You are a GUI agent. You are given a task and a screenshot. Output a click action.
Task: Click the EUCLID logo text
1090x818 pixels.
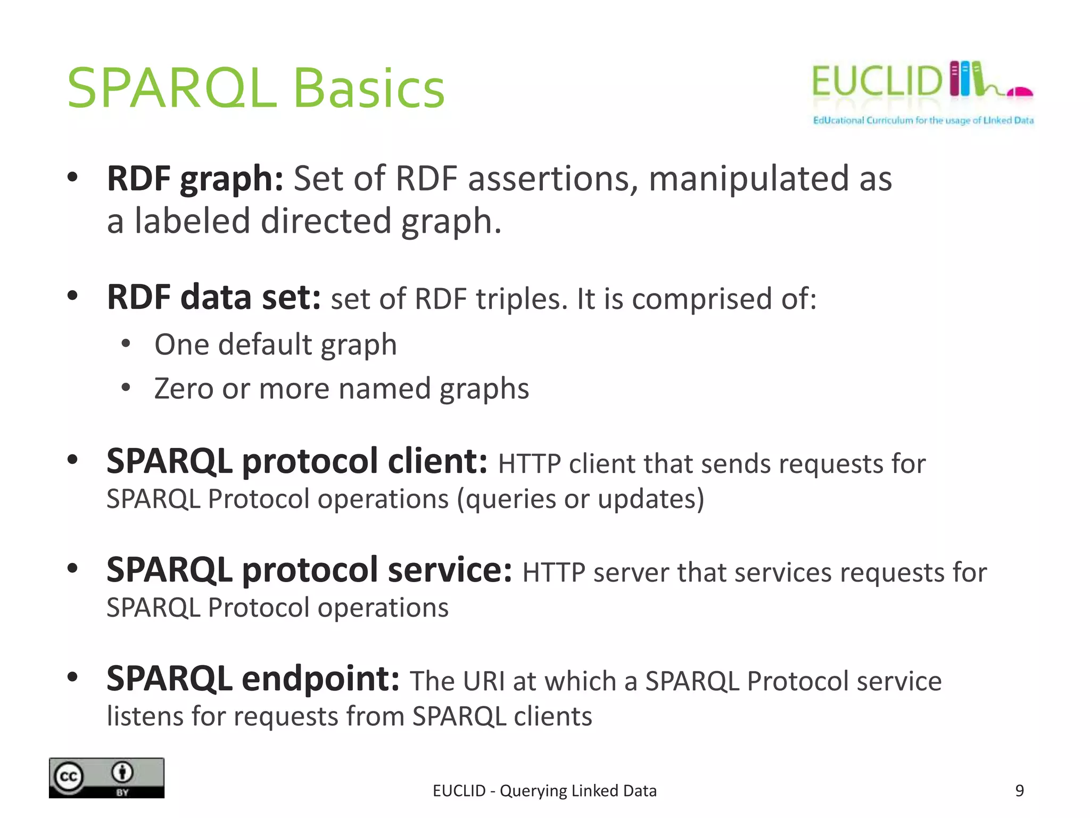click(x=877, y=81)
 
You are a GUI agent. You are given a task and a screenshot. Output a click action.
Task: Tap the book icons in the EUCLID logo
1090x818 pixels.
click(x=965, y=79)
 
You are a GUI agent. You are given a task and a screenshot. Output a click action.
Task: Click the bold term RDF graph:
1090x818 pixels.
click(x=195, y=179)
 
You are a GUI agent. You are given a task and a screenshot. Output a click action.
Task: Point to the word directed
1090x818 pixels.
click(x=326, y=222)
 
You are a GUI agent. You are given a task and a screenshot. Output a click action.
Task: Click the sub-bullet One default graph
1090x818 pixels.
click(x=275, y=345)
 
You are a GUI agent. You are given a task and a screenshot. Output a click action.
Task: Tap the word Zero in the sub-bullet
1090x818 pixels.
click(x=183, y=388)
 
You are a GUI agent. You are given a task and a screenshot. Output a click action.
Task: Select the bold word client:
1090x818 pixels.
click(x=437, y=461)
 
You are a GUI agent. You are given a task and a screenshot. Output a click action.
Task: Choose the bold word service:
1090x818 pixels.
click(x=450, y=570)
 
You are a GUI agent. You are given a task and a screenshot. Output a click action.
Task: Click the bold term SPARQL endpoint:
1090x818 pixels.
click(x=253, y=679)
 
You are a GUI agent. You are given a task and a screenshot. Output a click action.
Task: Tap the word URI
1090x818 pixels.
click(x=483, y=682)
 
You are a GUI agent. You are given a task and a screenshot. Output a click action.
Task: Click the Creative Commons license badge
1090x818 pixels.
click(x=106, y=778)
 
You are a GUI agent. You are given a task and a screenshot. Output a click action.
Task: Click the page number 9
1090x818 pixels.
click(x=1019, y=791)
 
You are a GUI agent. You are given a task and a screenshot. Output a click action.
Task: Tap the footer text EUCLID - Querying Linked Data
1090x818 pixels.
click(x=544, y=791)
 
